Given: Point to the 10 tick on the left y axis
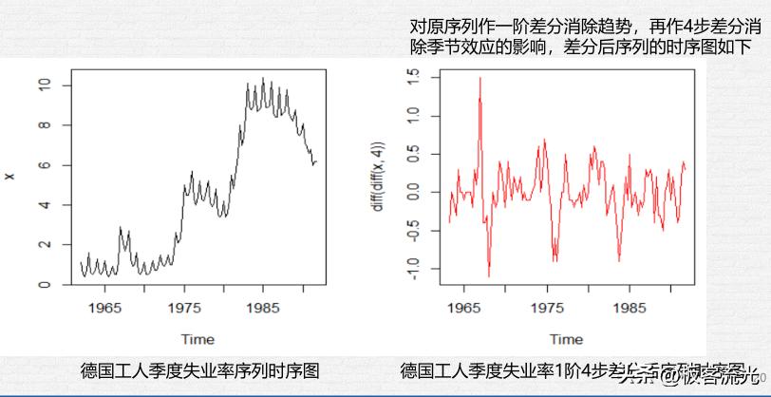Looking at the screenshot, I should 44,85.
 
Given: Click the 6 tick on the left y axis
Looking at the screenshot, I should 44,165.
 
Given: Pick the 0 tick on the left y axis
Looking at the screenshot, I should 44,285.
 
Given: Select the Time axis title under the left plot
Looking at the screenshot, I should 197,339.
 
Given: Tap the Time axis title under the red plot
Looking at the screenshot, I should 566,339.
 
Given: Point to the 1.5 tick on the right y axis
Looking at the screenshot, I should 412,75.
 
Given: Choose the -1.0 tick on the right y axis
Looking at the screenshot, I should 412,271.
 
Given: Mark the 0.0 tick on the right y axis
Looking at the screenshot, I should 412,192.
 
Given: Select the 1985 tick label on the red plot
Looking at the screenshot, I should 630,308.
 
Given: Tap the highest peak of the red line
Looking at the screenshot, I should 480,78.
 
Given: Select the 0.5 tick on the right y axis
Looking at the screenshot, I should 412,153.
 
